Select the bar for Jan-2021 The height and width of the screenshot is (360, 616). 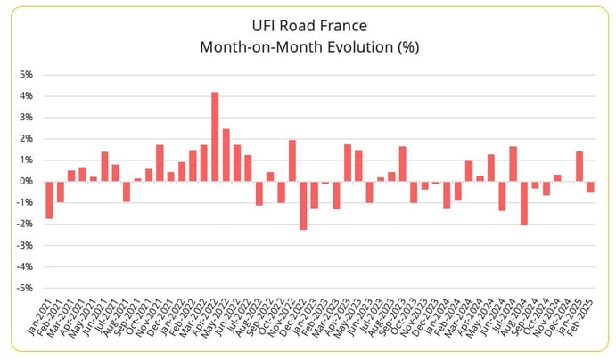49,200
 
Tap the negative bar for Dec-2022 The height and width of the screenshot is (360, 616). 303,205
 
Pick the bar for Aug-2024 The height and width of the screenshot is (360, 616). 524,202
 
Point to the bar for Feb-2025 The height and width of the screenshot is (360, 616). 590,186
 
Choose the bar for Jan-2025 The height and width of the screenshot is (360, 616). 579,166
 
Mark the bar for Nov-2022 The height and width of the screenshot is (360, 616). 292,160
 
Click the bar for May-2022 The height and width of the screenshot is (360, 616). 226,155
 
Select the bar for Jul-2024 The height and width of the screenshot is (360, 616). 513,163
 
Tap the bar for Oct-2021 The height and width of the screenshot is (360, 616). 149,175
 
